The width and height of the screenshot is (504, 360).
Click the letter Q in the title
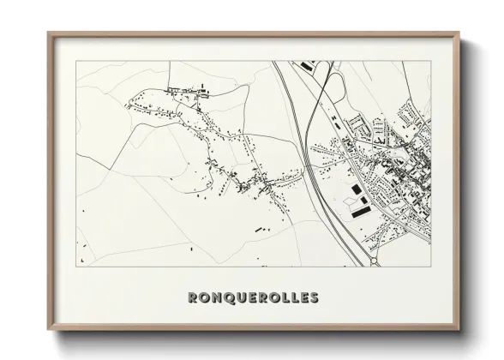point(227,298)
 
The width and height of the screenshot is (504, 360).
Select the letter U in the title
point(240,298)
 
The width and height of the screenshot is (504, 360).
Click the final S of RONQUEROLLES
point(313,298)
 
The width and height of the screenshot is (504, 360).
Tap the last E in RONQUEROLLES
point(302,298)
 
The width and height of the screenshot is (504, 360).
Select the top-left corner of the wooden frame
point(50,33)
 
